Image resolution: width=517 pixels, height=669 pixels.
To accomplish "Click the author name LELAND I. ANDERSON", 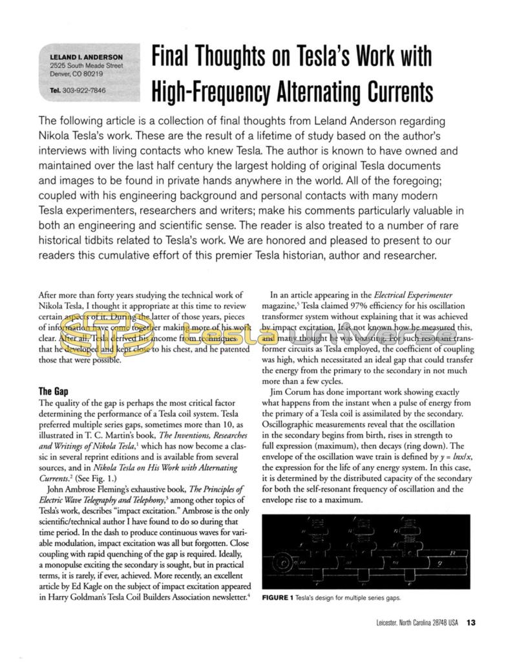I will [86, 57].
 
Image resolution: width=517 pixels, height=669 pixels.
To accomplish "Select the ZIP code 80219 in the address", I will [90, 74].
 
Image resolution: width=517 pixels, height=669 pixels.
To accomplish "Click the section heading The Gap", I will [54, 391].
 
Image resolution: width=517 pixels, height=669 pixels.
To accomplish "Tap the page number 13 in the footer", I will [470, 622].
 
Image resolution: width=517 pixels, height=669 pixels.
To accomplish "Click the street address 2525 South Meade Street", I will [86, 65].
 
